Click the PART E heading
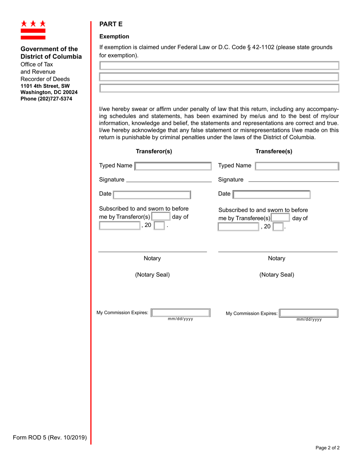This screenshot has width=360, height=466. pyautogui.click(x=111, y=24)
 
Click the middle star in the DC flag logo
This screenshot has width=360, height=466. pyautogui.click(x=33, y=23)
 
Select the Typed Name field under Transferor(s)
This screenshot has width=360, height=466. pyautogui.click(x=173, y=166)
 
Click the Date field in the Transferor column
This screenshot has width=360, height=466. pyautogui.click(x=152, y=194)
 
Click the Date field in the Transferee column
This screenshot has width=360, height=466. pyautogui.click(x=271, y=194)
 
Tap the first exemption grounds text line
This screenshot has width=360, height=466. pyautogui.click(x=219, y=66)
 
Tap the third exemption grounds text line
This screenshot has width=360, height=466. pyautogui.click(x=219, y=88)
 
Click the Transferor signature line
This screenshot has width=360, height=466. pyautogui.click(x=169, y=180)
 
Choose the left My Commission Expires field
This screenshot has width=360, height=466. pyautogui.click(x=180, y=313)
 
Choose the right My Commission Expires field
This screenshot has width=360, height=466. pyautogui.click(x=308, y=313)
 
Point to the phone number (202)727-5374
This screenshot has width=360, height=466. pyautogui.click(x=46, y=99)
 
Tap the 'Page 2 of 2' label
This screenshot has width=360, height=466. pyautogui.click(x=327, y=447)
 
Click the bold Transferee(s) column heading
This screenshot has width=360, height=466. pyautogui.click(x=274, y=152)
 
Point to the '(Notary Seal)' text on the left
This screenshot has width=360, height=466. pyautogui.click(x=152, y=275)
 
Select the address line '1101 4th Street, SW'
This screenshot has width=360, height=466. pyautogui.click(x=45, y=86)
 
